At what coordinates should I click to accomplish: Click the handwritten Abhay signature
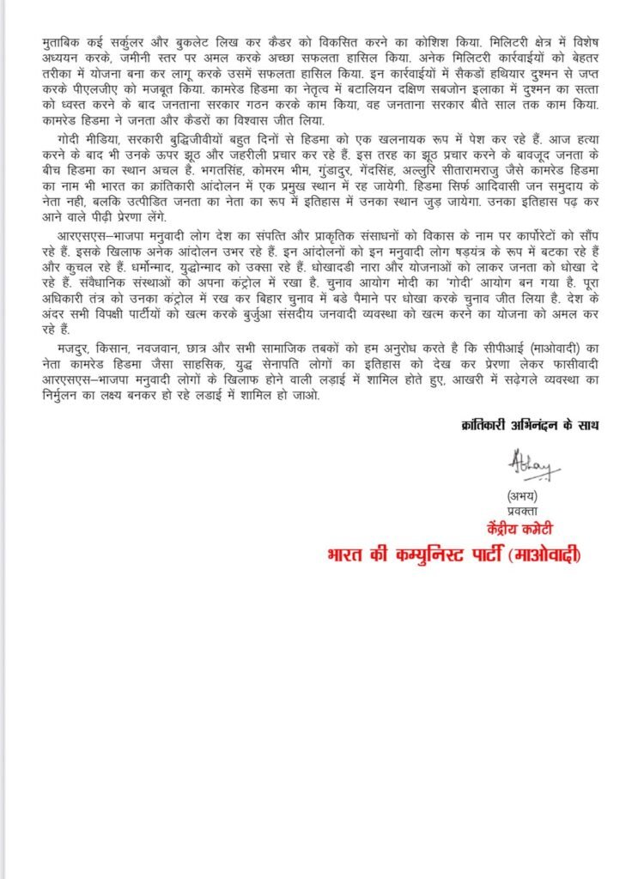click(531, 469)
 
